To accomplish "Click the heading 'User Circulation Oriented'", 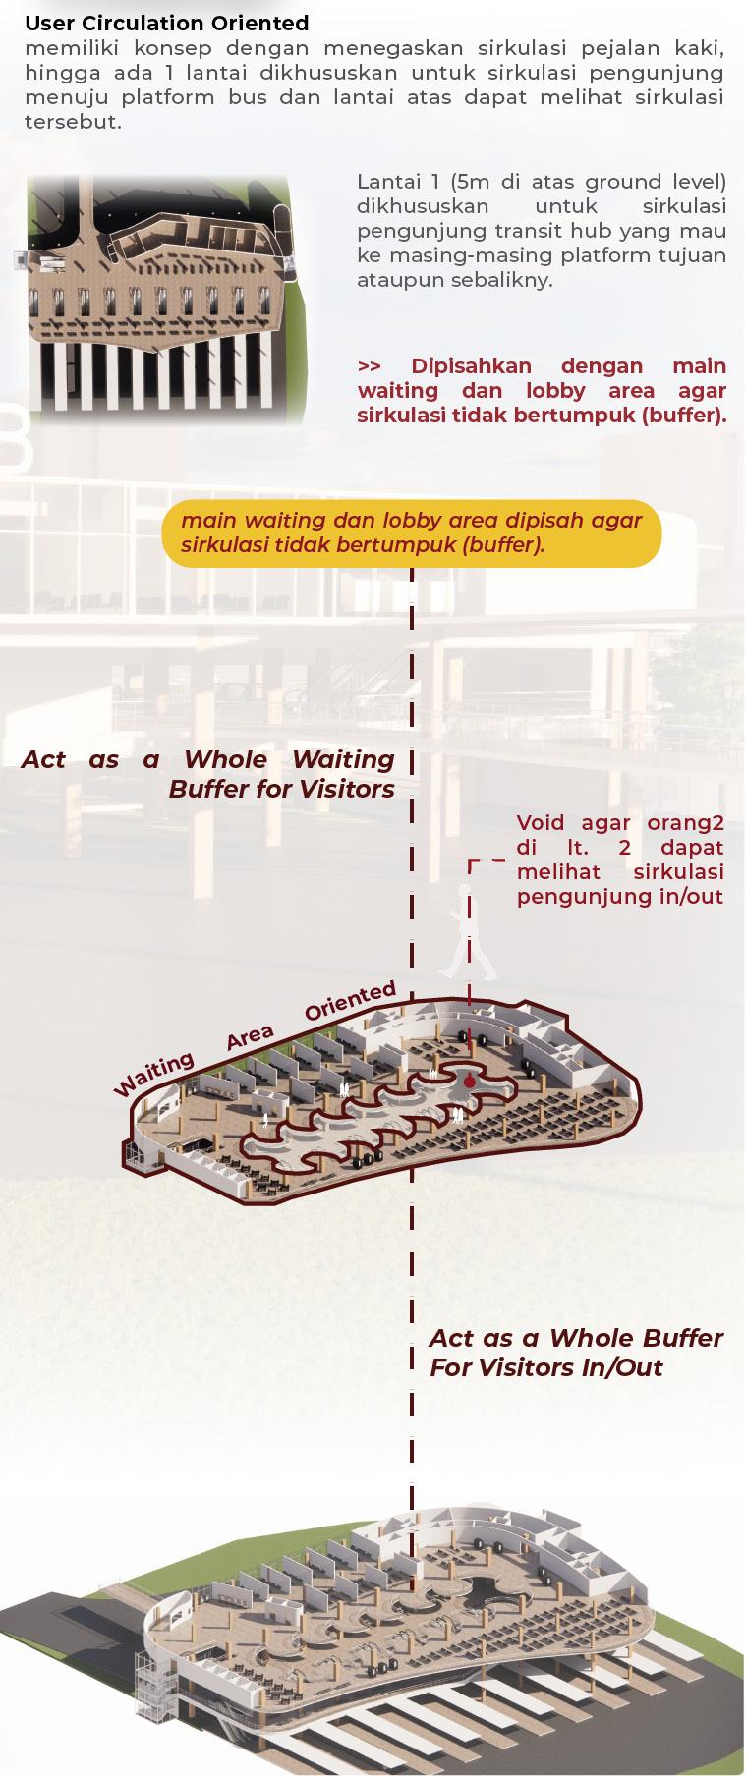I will [x=166, y=23].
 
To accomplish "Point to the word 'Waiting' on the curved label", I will [x=154, y=1075].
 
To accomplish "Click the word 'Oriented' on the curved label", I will [x=350, y=1002].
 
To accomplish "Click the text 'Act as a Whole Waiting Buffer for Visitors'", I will [x=208, y=773].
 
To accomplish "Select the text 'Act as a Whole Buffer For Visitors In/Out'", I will [x=576, y=1352].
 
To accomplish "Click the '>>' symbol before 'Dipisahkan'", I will [x=370, y=366].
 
